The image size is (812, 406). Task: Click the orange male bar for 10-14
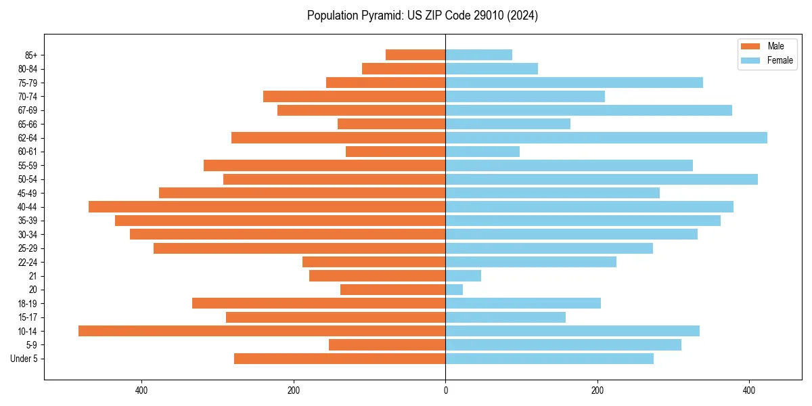point(262,331)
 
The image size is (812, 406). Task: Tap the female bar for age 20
point(454,290)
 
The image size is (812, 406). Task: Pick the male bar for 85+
point(415,55)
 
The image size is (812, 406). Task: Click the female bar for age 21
point(463,276)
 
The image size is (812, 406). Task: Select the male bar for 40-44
point(267,207)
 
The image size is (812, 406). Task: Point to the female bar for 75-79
point(574,83)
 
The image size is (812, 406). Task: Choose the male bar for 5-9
point(387,345)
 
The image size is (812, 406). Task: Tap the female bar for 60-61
point(482,152)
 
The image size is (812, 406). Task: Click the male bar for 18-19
point(319,303)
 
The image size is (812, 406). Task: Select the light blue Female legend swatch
point(751,60)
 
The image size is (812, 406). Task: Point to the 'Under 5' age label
point(24,359)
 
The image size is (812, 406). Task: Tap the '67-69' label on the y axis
point(28,110)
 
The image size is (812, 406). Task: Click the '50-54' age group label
point(28,179)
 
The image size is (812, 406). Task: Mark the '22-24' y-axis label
point(28,263)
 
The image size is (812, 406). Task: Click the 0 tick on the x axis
point(445,390)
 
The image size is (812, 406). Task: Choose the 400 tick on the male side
point(141,390)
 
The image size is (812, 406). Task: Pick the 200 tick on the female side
point(597,390)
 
